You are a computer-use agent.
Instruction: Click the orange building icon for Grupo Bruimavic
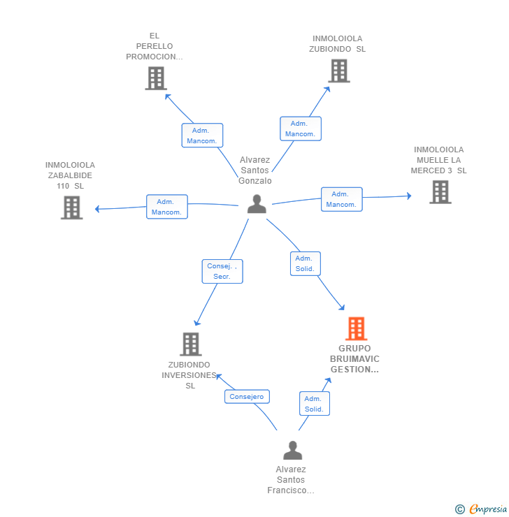click(356, 328)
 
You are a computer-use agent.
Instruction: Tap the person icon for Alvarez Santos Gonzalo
click(257, 204)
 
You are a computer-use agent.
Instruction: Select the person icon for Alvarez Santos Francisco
click(292, 451)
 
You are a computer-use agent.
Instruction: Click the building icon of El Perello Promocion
click(156, 78)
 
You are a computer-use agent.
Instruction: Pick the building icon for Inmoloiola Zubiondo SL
click(339, 71)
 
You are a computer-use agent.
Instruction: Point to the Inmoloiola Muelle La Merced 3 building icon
click(440, 191)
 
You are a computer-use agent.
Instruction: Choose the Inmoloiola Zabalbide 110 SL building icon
click(71, 207)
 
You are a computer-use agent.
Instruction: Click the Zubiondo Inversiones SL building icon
click(190, 344)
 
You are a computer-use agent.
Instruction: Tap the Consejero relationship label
click(247, 397)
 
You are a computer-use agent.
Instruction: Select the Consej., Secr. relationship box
click(222, 271)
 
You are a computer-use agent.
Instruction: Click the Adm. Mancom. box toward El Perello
click(202, 136)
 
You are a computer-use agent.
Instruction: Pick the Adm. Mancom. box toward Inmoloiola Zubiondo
click(300, 129)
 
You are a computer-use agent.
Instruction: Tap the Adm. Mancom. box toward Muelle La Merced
click(341, 199)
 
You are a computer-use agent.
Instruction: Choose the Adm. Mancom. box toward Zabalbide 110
click(167, 207)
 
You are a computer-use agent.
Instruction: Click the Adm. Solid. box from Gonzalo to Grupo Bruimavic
click(305, 263)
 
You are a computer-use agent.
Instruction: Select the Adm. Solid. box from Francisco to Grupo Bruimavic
click(314, 404)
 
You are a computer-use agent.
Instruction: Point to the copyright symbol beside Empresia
click(460, 509)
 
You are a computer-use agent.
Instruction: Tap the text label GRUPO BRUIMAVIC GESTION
click(354, 359)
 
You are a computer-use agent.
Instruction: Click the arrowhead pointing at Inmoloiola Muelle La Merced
click(409, 196)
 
